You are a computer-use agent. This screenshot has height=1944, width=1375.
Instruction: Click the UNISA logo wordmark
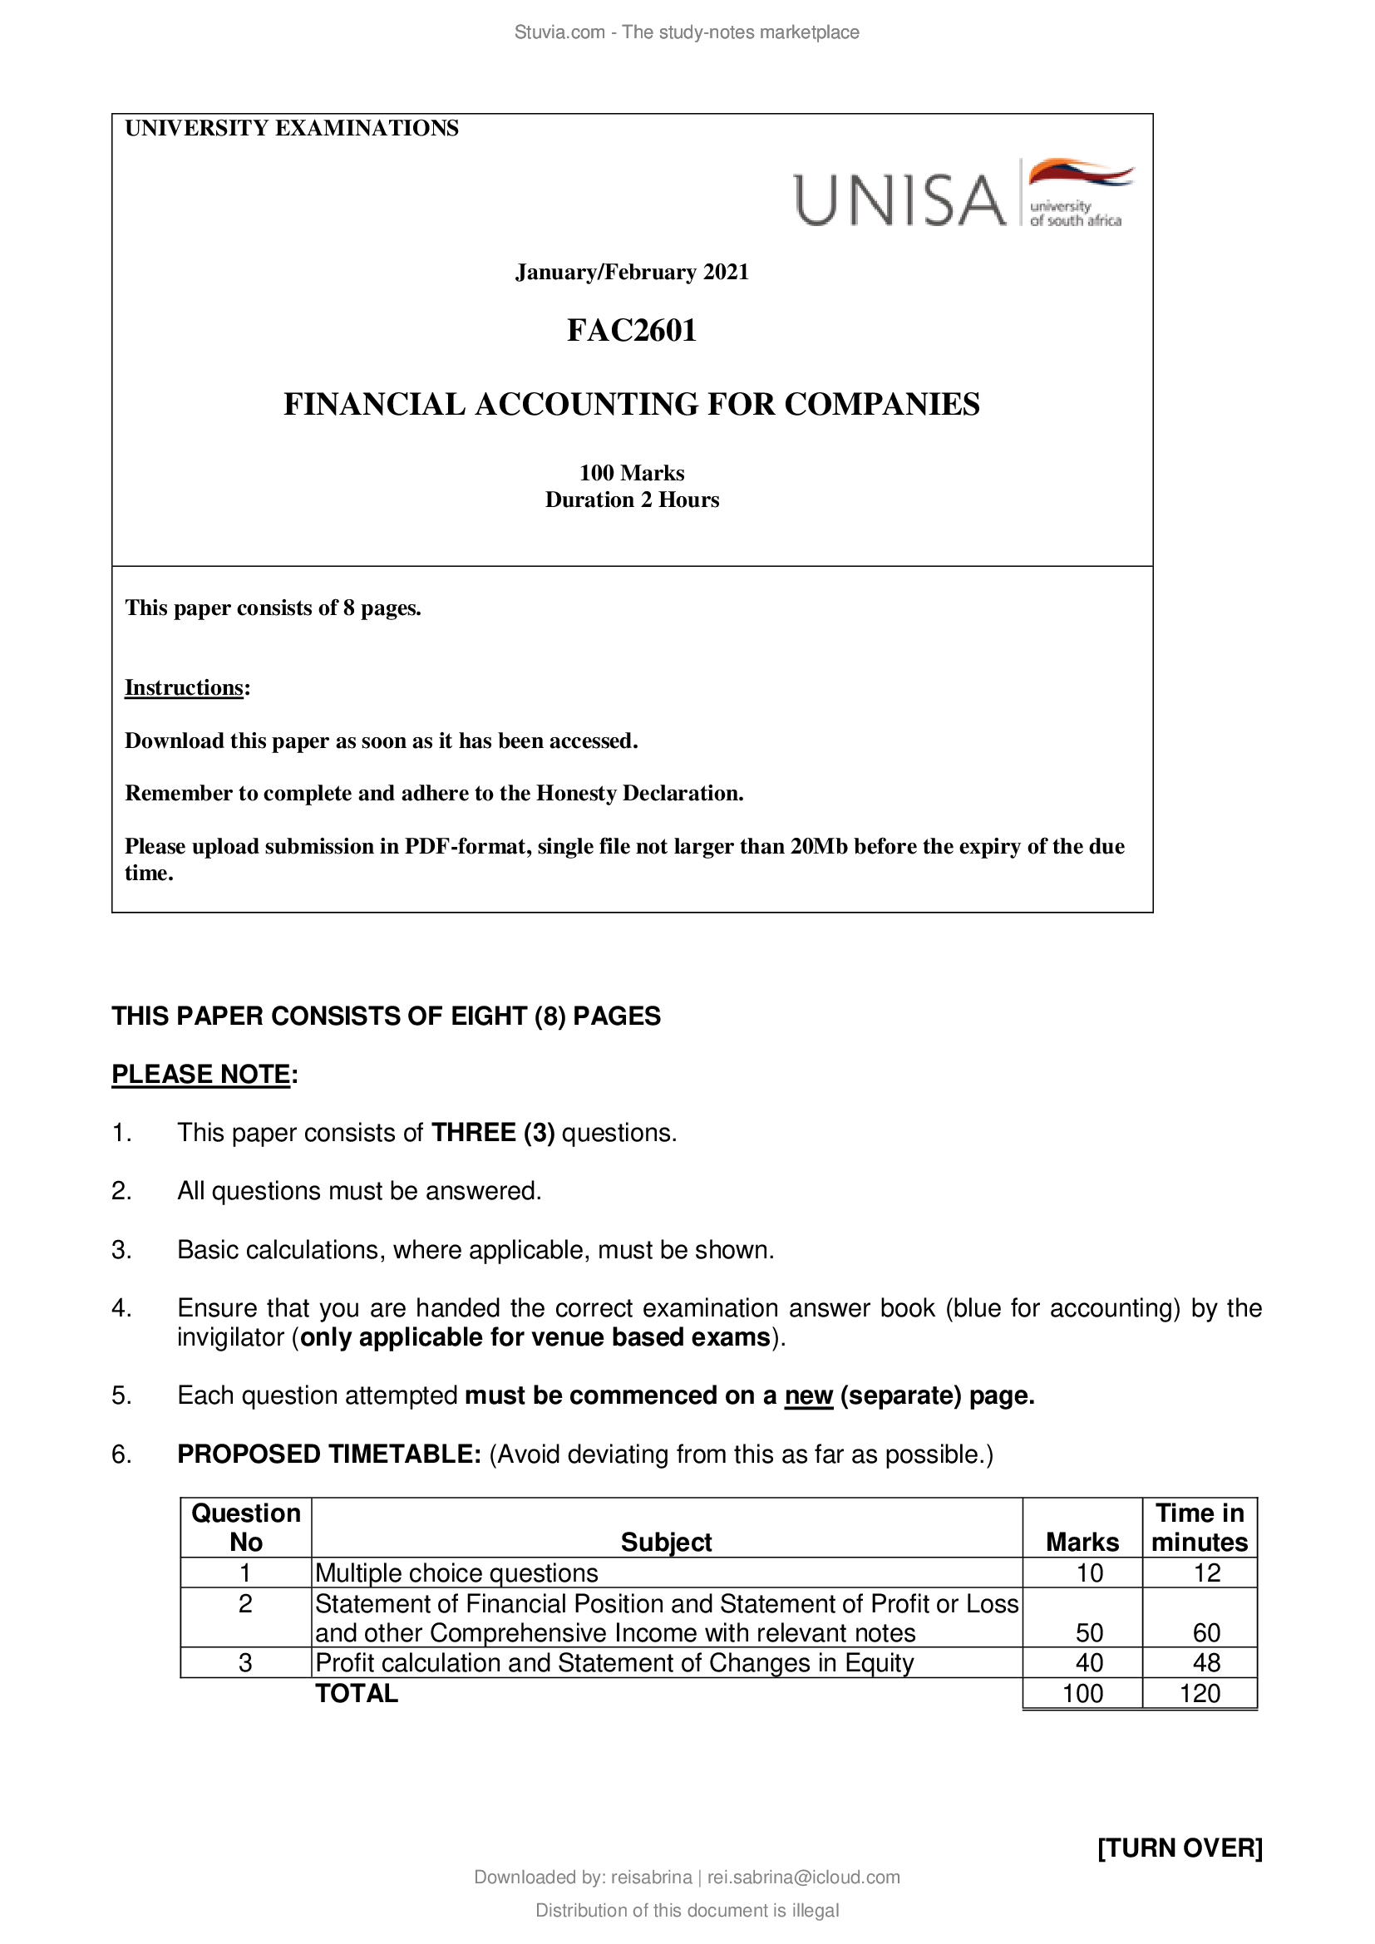click(899, 199)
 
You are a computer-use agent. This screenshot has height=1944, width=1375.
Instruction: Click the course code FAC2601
click(632, 330)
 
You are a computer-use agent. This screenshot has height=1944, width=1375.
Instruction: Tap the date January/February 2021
click(632, 272)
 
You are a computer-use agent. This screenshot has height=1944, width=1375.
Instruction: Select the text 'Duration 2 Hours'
click(632, 500)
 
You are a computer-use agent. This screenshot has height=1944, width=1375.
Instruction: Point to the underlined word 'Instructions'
click(185, 687)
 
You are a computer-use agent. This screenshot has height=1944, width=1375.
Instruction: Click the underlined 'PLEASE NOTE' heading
click(201, 1074)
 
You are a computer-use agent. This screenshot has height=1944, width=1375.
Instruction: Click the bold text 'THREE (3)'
click(493, 1133)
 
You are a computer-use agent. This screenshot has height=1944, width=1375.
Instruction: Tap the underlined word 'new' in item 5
click(809, 1395)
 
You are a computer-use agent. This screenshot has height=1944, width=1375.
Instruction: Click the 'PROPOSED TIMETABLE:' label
click(329, 1454)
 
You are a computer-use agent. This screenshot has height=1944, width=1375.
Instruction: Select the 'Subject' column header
click(667, 1542)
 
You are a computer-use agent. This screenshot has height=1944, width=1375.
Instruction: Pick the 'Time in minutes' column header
click(1200, 1528)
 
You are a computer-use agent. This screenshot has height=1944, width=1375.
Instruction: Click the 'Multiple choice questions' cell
click(456, 1573)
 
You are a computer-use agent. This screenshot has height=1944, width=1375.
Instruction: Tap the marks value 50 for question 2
click(1089, 1632)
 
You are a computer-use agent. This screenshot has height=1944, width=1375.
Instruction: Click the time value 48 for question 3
click(1206, 1663)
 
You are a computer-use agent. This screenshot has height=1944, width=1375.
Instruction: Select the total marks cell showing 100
click(1082, 1693)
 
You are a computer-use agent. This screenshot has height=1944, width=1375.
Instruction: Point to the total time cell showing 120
click(1200, 1693)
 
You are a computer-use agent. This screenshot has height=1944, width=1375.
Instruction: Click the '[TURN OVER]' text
click(1180, 1848)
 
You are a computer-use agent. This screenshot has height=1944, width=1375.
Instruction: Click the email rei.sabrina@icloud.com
click(804, 1878)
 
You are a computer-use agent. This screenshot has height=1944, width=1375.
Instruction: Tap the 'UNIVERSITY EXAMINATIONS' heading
click(292, 128)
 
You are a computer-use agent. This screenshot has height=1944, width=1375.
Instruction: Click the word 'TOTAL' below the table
click(357, 1693)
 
